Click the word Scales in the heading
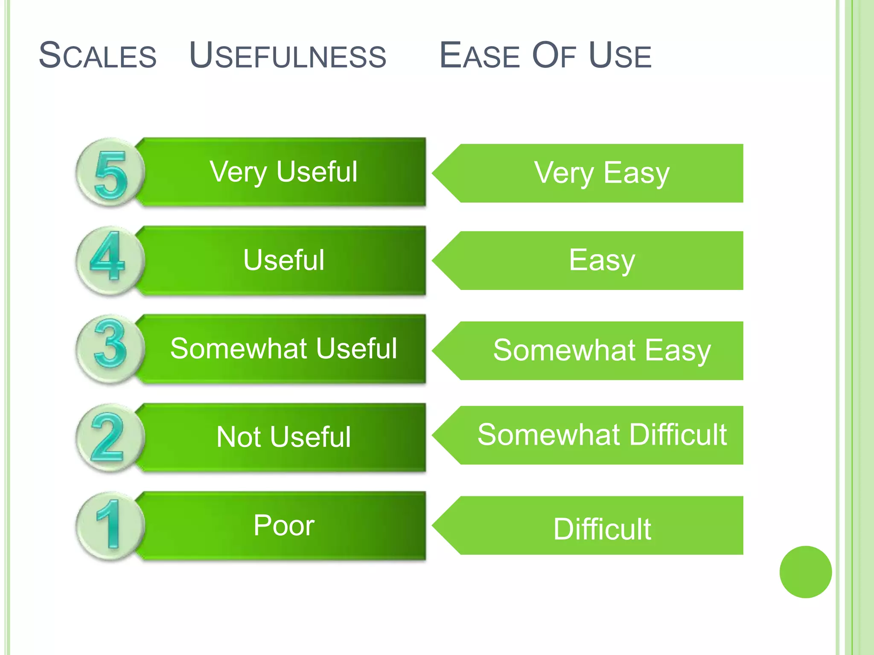pos(97,55)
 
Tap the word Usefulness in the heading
pos(288,55)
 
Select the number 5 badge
pos(110,173)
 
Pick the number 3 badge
pos(110,349)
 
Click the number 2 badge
pos(109,438)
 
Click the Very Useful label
pos(283,172)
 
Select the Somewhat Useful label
pos(283,348)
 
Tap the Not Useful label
pos(283,437)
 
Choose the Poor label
pos(284,525)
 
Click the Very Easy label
pos(602,173)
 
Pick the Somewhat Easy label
pos(602,351)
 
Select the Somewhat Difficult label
pos(602,435)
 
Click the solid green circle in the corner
pos(805,572)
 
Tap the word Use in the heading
pos(620,55)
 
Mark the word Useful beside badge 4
pos(284,260)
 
